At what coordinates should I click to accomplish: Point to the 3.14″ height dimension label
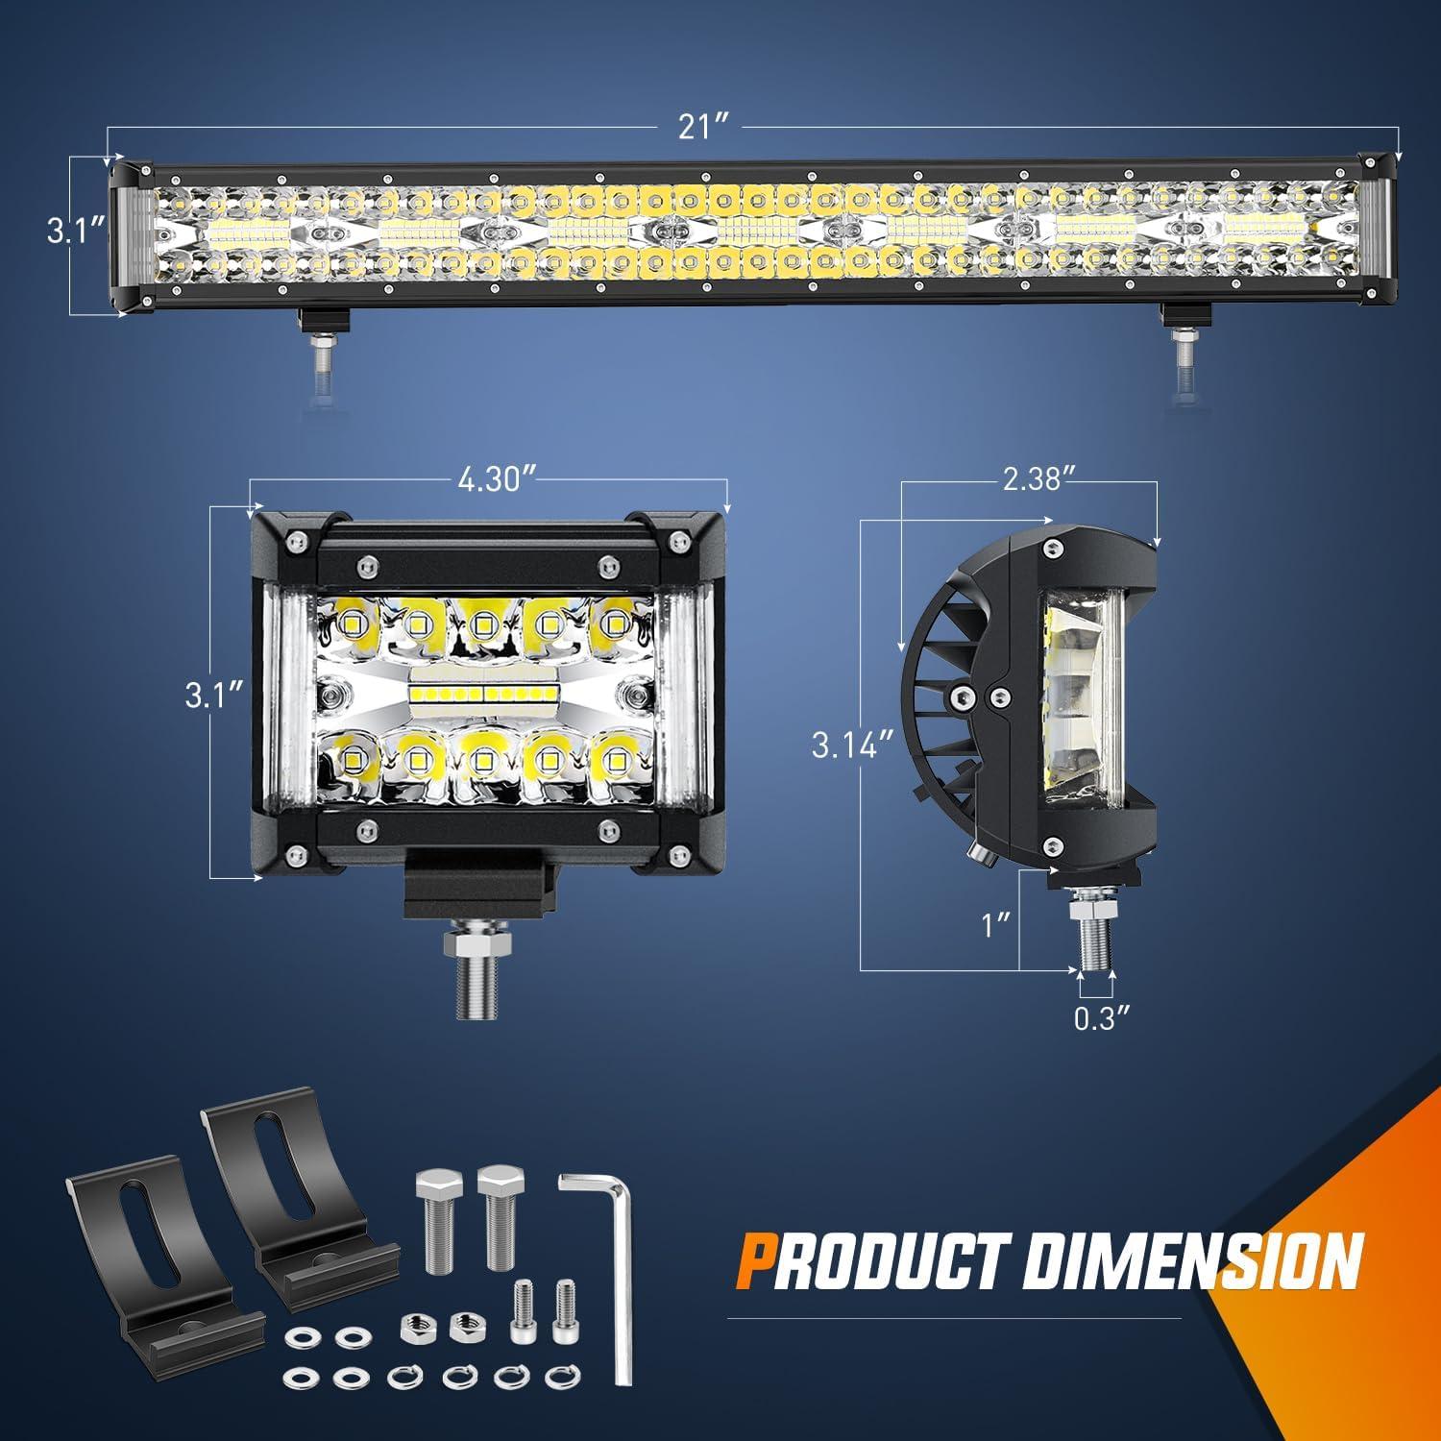(846, 745)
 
